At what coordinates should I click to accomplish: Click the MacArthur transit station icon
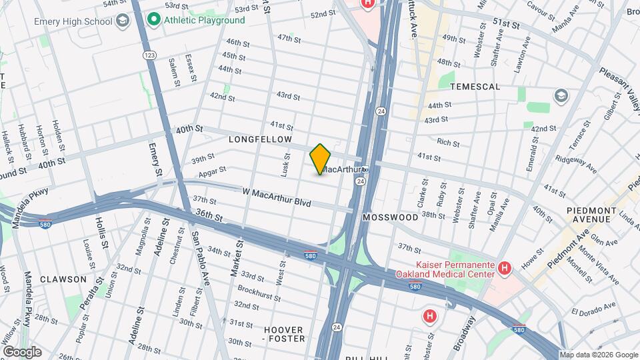(365, 169)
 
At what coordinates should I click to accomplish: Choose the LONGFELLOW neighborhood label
(260, 139)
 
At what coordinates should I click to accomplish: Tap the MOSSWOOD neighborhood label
(390, 217)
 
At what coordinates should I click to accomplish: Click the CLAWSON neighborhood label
(63, 279)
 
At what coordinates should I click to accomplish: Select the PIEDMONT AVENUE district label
(591, 215)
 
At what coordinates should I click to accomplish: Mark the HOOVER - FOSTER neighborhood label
(283, 335)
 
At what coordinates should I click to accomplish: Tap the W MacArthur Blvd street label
(277, 192)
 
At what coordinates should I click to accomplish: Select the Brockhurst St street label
(257, 291)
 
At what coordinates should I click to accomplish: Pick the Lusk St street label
(285, 164)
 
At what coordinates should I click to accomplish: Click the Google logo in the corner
(22, 351)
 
